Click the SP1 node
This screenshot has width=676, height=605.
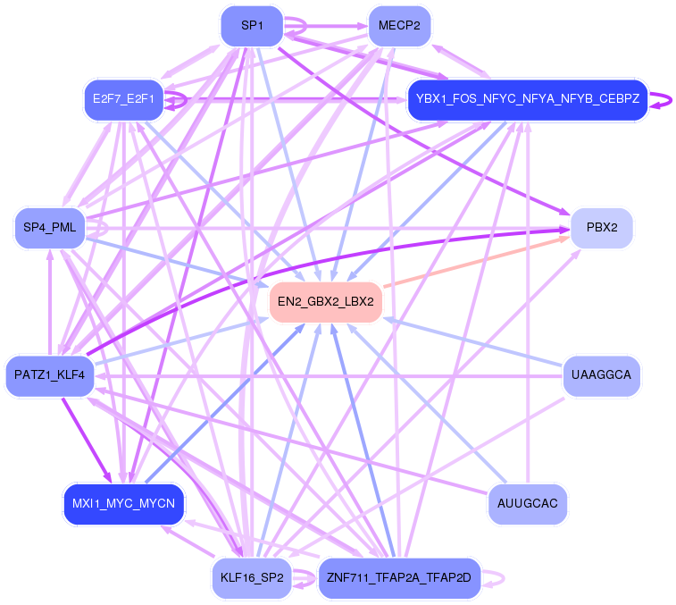point(252,26)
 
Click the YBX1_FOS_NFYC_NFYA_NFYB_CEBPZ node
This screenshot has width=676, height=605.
point(527,100)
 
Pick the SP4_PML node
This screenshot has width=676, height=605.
point(48,228)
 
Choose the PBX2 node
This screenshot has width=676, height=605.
point(602,227)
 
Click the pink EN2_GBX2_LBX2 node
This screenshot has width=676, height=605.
point(325,302)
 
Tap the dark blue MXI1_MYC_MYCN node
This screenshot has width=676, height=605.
point(124,504)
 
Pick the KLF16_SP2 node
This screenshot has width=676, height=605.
point(252,578)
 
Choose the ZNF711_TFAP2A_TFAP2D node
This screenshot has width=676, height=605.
point(398,578)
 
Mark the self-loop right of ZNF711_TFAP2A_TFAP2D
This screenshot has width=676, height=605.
point(498,578)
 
